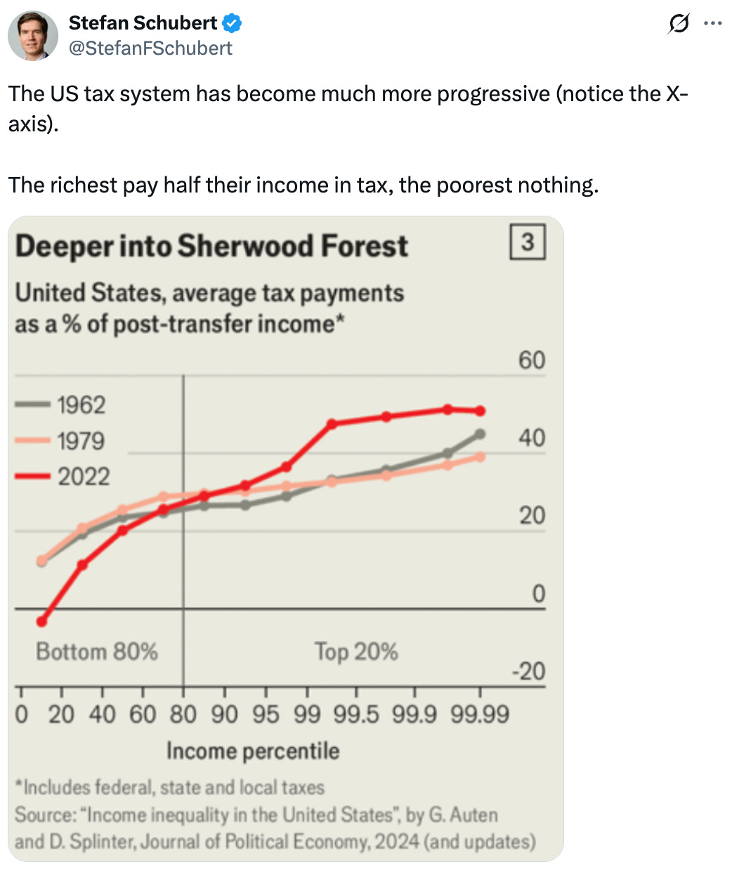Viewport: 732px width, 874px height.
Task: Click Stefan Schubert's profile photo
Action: point(33,35)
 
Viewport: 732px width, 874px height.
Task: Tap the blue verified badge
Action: point(232,23)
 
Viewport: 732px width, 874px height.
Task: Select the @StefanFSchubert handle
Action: point(150,48)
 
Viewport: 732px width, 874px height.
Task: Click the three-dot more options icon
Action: point(713,23)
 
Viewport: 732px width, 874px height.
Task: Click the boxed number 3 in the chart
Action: point(527,242)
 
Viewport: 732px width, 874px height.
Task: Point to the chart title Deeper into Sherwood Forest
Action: point(211,247)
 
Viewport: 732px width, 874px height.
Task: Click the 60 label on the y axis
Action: point(532,360)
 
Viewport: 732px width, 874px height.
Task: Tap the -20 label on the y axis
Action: point(528,672)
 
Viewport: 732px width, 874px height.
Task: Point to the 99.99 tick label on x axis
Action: point(480,715)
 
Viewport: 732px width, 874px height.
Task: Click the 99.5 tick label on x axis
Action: point(355,715)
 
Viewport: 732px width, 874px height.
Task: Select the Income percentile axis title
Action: point(253,751)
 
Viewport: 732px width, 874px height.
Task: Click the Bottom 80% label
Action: point(97,652)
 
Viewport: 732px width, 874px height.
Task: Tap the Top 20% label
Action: point(355,652)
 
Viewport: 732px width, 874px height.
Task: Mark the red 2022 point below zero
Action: point(41,622)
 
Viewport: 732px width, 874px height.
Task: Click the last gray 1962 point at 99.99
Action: point(481,434)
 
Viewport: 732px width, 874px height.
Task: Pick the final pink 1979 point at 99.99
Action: point(481,457)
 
